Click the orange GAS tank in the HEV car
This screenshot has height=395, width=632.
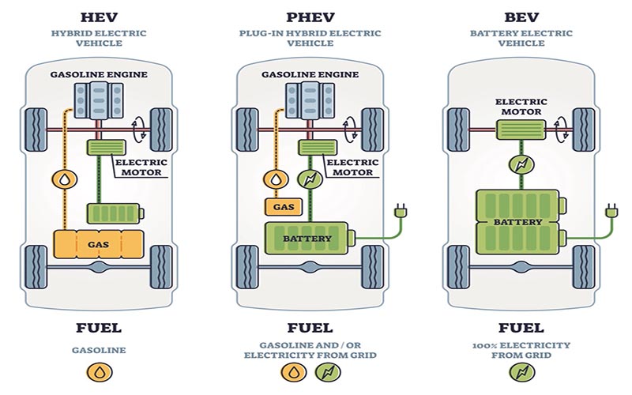pos(99,246)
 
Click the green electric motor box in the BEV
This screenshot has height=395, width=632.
pos(518,129)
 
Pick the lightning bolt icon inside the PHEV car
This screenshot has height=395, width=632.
pos(308,179)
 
